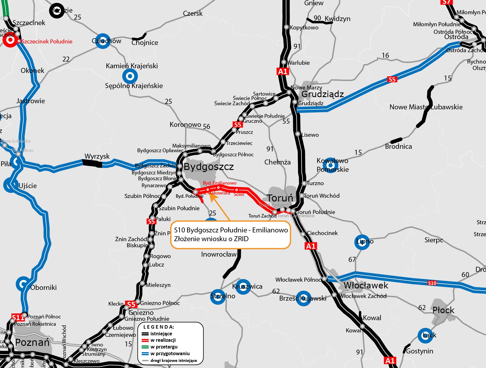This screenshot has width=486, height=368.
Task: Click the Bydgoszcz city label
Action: pos(209,167)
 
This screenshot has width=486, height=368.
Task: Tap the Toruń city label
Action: pos(280,198)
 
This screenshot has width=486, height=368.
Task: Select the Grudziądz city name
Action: pos(322,94)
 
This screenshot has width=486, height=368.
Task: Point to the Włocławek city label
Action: pos(366,285)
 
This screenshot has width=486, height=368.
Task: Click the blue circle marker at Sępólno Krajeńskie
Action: pos(130,76)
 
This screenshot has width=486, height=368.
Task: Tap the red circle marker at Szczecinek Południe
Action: pos(10,40)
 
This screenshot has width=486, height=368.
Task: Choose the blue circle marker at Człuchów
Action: pos(103,41)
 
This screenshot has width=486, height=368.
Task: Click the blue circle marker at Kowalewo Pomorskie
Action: pos(331,166)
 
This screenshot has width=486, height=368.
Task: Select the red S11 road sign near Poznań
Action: pos(18,317)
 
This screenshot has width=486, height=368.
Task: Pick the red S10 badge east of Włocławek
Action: pos(432,283)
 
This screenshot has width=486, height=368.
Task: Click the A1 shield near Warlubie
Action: pos(283,71)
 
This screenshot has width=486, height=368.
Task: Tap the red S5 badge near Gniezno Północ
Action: pos(131,304)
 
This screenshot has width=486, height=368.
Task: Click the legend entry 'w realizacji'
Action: pos(163,340)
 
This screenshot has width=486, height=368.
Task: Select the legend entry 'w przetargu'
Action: pos(164,347)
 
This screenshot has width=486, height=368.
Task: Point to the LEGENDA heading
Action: pos(159,327)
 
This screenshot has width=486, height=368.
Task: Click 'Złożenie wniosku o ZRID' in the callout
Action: pos(211,239)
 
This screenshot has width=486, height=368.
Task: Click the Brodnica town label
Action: pos(398,146)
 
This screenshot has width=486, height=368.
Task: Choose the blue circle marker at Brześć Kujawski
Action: pos(303,298)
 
